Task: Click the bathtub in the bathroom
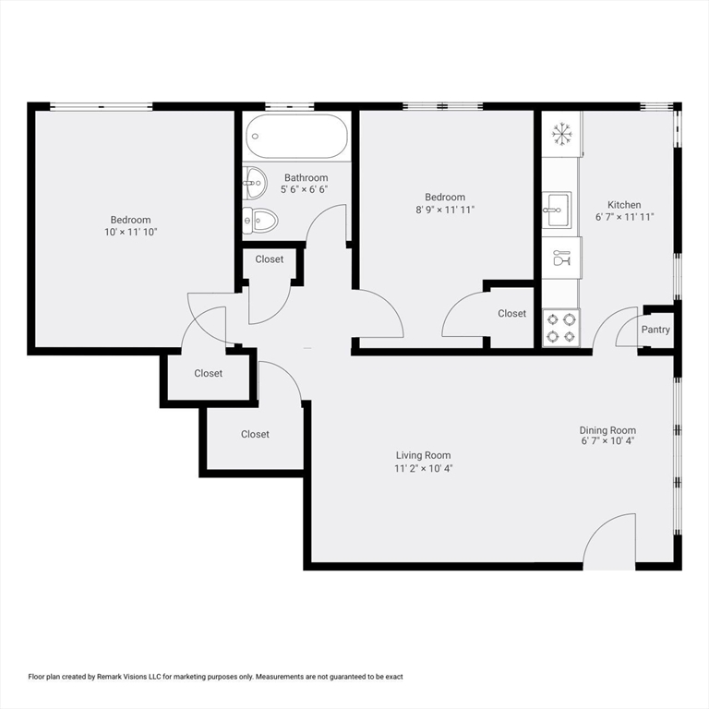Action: tap(297, 137)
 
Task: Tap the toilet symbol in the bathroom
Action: tap(260, 220)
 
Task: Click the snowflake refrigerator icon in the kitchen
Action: tap(561, 134)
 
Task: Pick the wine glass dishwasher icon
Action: tap(560, 258)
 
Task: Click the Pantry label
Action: tap(655, 330)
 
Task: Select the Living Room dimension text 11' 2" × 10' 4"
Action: tap(424, 468)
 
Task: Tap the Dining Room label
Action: tap(607, 430)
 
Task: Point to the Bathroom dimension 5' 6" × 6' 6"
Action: tap(306, 189)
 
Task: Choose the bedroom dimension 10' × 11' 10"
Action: tap(130, 232)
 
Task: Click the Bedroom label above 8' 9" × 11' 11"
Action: tap(445, 197)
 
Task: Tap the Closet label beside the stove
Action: tap(511, 314)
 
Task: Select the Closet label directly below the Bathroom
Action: tap(270, 259)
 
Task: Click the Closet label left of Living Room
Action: tap(255, 434)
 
